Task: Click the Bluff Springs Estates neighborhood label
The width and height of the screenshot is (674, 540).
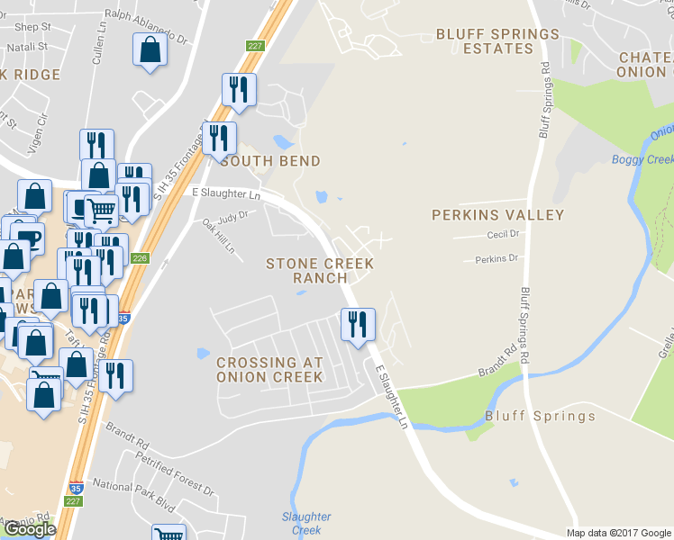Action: [x=497, y=41]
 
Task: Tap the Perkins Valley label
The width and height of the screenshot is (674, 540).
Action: [x=497, y=215]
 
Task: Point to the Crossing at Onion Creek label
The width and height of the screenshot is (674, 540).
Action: [x=269, y=369]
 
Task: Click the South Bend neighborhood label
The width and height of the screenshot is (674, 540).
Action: [x=269, y=161]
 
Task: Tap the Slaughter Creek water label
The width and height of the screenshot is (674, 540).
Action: [x=306, y=524]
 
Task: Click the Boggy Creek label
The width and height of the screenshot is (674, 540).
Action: [x=642, y=160]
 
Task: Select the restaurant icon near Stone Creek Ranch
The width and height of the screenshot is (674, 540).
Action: [x=358, y=324]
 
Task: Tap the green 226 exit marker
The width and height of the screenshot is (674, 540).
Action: [x=140, y=258]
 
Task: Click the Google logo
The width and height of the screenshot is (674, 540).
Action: [x=29, y=529]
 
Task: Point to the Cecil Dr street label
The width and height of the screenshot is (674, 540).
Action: [x=503, y=234]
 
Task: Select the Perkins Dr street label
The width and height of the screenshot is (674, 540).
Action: [x=496, y=259]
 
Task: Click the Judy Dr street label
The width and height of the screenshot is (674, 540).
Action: [x=232, y=216]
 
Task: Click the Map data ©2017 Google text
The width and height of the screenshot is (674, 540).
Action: [x=618, y=533]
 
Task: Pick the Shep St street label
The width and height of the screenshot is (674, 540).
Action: [x=32, y=27]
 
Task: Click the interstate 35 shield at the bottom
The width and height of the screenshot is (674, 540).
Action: [x=76, y=487]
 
